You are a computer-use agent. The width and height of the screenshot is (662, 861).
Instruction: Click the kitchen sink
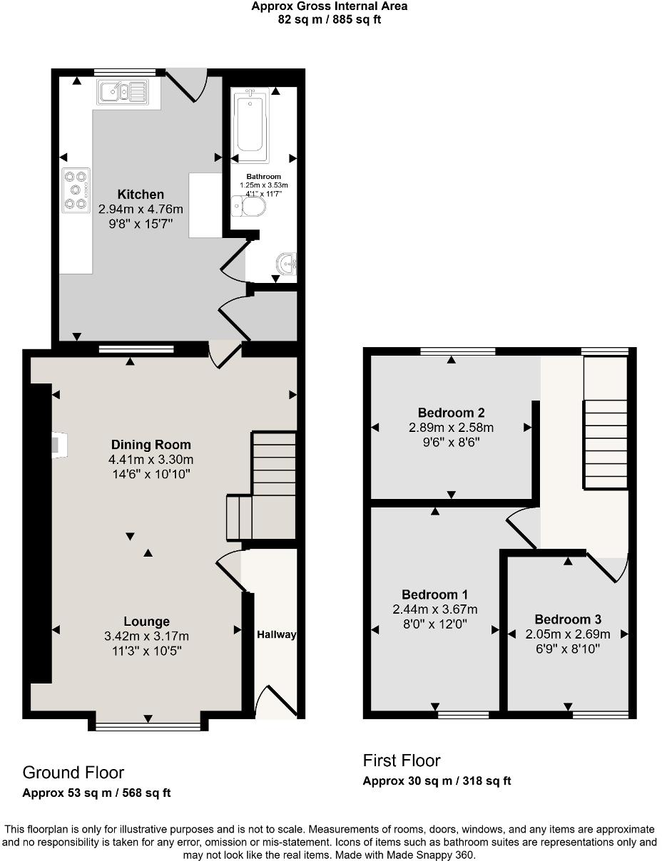pos(123,91)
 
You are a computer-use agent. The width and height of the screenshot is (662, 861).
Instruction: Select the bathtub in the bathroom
pos(253,125)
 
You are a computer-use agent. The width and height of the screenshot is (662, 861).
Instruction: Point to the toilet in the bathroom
pos(249,207)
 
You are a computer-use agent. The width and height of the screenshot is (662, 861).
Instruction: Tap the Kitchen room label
pos(141,195)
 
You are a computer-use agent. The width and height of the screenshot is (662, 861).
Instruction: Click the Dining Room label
pos(151,445)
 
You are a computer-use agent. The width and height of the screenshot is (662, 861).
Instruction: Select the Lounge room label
pos(146,622)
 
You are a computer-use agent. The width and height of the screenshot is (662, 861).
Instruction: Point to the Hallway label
pos(276,634)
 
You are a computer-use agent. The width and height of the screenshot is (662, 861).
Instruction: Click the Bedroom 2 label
pos(451,413)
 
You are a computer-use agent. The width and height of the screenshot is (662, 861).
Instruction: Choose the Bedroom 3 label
pos(568,619)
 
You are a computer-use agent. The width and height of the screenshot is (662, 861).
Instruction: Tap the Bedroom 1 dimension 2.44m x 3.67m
pos(435,609)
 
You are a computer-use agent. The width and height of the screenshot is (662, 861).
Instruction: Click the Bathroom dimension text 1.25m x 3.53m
pos(264,185)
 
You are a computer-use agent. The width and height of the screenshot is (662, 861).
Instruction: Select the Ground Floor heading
pos(73,773)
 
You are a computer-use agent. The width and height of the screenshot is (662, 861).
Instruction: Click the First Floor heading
pos(402,761)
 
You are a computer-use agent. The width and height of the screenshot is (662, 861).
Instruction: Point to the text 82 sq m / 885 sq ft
pos(330,20)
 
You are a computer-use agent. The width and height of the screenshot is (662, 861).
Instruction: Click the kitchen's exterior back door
pos(188,84)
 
